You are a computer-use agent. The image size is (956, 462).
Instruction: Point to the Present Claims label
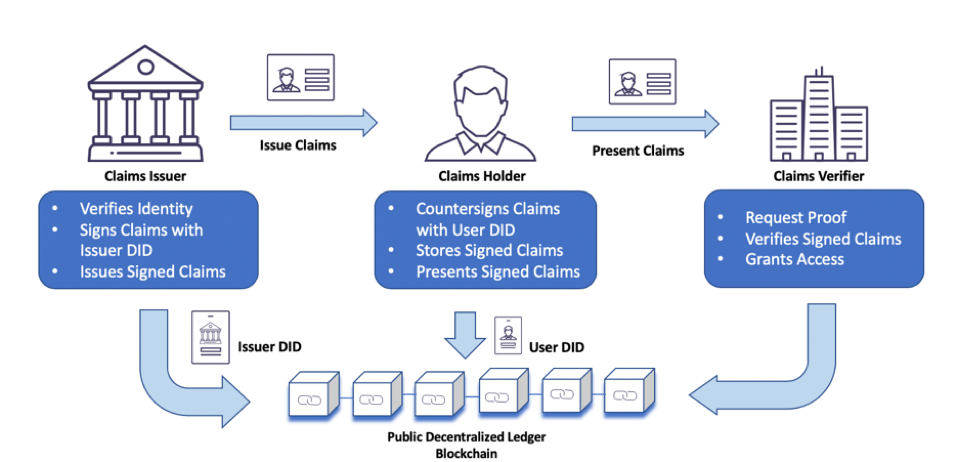tap(638, 151)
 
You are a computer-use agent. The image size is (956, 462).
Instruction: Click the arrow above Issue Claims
tap(303, 122)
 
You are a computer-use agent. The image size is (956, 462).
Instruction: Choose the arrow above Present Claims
tap(645, 123)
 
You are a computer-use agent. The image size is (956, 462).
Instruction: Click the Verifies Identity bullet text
tap(136, 209)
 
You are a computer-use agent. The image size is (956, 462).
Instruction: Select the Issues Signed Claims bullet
tap(153, 271)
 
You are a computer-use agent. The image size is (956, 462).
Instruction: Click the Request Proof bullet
tap(795, 217)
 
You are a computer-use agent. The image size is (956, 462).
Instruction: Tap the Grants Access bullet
tap(794, 259)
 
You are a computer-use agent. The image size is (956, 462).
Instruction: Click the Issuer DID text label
tap(273, 347)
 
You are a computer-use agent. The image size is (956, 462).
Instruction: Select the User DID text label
tap(558, 347)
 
